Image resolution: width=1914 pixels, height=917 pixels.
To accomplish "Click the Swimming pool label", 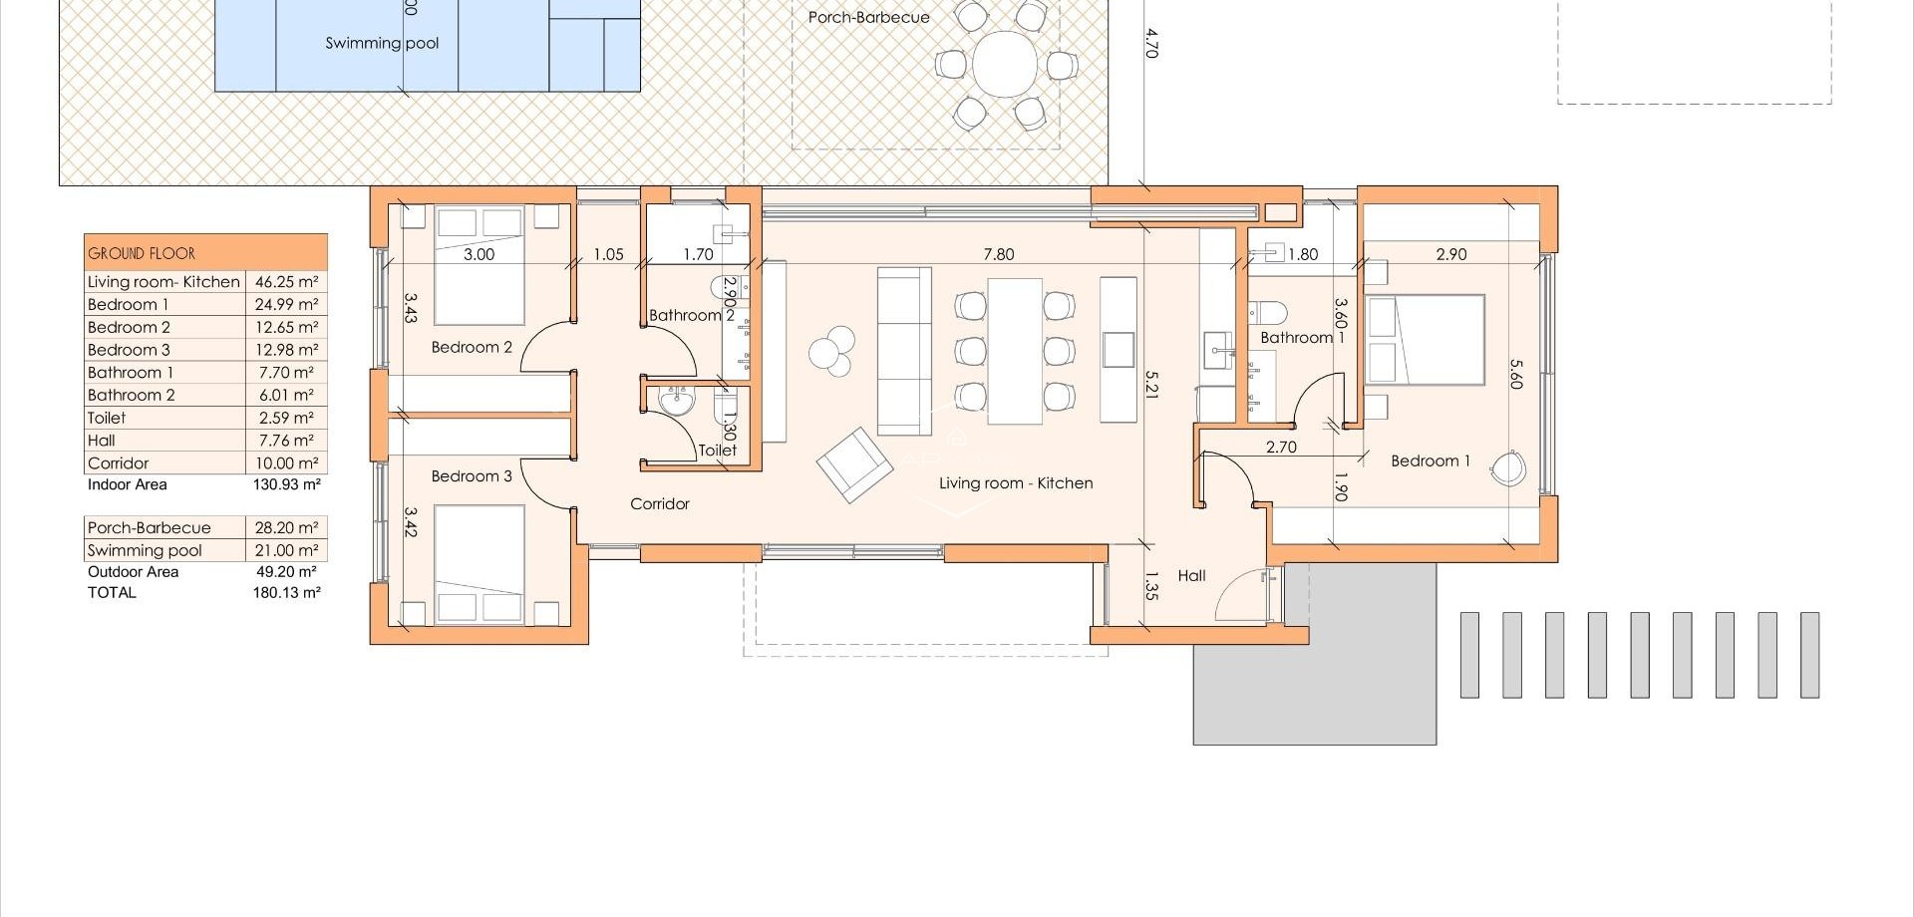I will (382, 43).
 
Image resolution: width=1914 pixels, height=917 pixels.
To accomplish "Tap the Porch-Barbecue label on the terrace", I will (868, 17).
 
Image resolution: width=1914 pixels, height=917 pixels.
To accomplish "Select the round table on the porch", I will (1005, 64).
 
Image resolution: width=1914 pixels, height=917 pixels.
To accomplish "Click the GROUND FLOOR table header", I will (142, 253).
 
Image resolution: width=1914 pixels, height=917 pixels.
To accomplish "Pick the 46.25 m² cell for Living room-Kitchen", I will (286, 282).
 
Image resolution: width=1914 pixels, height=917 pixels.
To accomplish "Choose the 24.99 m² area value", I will (286, 305).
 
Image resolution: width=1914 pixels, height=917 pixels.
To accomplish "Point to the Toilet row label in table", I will (107, 418).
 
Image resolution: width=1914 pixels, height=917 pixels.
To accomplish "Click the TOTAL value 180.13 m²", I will (286, 592).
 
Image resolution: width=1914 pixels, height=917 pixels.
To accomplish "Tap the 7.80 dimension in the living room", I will (998, 254).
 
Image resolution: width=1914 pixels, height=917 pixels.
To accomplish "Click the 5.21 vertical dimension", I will (1151, 384).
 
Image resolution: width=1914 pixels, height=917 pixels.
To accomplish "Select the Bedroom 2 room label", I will (472, 347).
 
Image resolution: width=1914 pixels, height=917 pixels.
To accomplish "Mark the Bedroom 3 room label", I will (472, 475).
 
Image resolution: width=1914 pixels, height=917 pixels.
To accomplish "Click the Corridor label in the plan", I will (659, 503).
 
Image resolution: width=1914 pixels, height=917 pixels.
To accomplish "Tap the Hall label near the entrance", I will (1191, 575).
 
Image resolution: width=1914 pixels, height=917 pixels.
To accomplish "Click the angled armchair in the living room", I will (854, 464).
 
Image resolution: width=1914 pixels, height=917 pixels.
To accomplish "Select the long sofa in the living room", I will (904, 350).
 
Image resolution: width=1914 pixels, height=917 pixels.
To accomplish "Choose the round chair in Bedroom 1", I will (1508, 467).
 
